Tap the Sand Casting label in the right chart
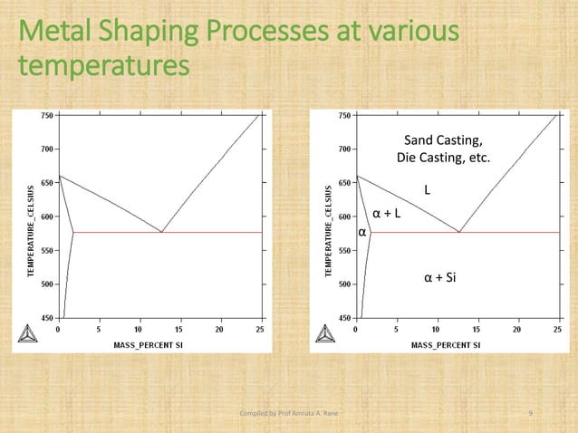pyautogui.click(x=443, y=140)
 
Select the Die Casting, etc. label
pyautogui.click(x=443, y=158)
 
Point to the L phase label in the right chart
pyautogui.click(x=429, y=191)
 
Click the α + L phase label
pyautogui.click(x=387, y=215)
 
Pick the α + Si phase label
pyautogui.click(x=440, y=277)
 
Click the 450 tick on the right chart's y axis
pyautogui.click(x=344, y=318)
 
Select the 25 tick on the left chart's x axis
pyautogui.click(x=259, y=330)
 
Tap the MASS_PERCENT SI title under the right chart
pyautogui.click(x=448, y=344)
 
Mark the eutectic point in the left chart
pyautogui.click(x=161, y=233)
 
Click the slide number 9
pyautogui.click(x=530, y=414)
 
